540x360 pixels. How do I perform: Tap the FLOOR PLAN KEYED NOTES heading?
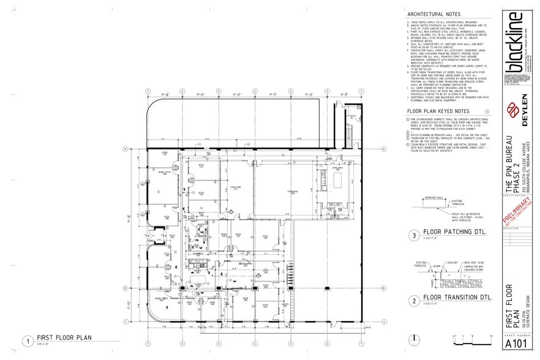441,111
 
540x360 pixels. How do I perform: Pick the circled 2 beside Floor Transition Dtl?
414,301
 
